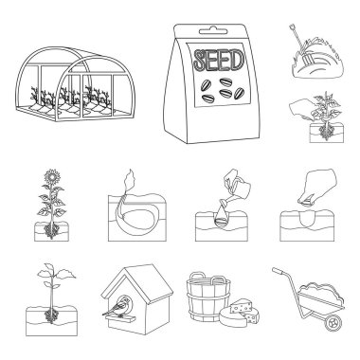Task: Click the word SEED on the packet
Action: click(219, 60)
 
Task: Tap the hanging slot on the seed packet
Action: click(213, 31)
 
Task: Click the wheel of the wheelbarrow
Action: click(333, 322)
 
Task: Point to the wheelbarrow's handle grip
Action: click(278, 271)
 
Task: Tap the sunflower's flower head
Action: click(52, 177)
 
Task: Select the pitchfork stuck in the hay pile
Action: click(300, 46)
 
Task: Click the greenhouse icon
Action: click(76, 83)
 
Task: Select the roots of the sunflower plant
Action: click(51, 230)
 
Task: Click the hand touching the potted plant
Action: click(302, 112)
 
